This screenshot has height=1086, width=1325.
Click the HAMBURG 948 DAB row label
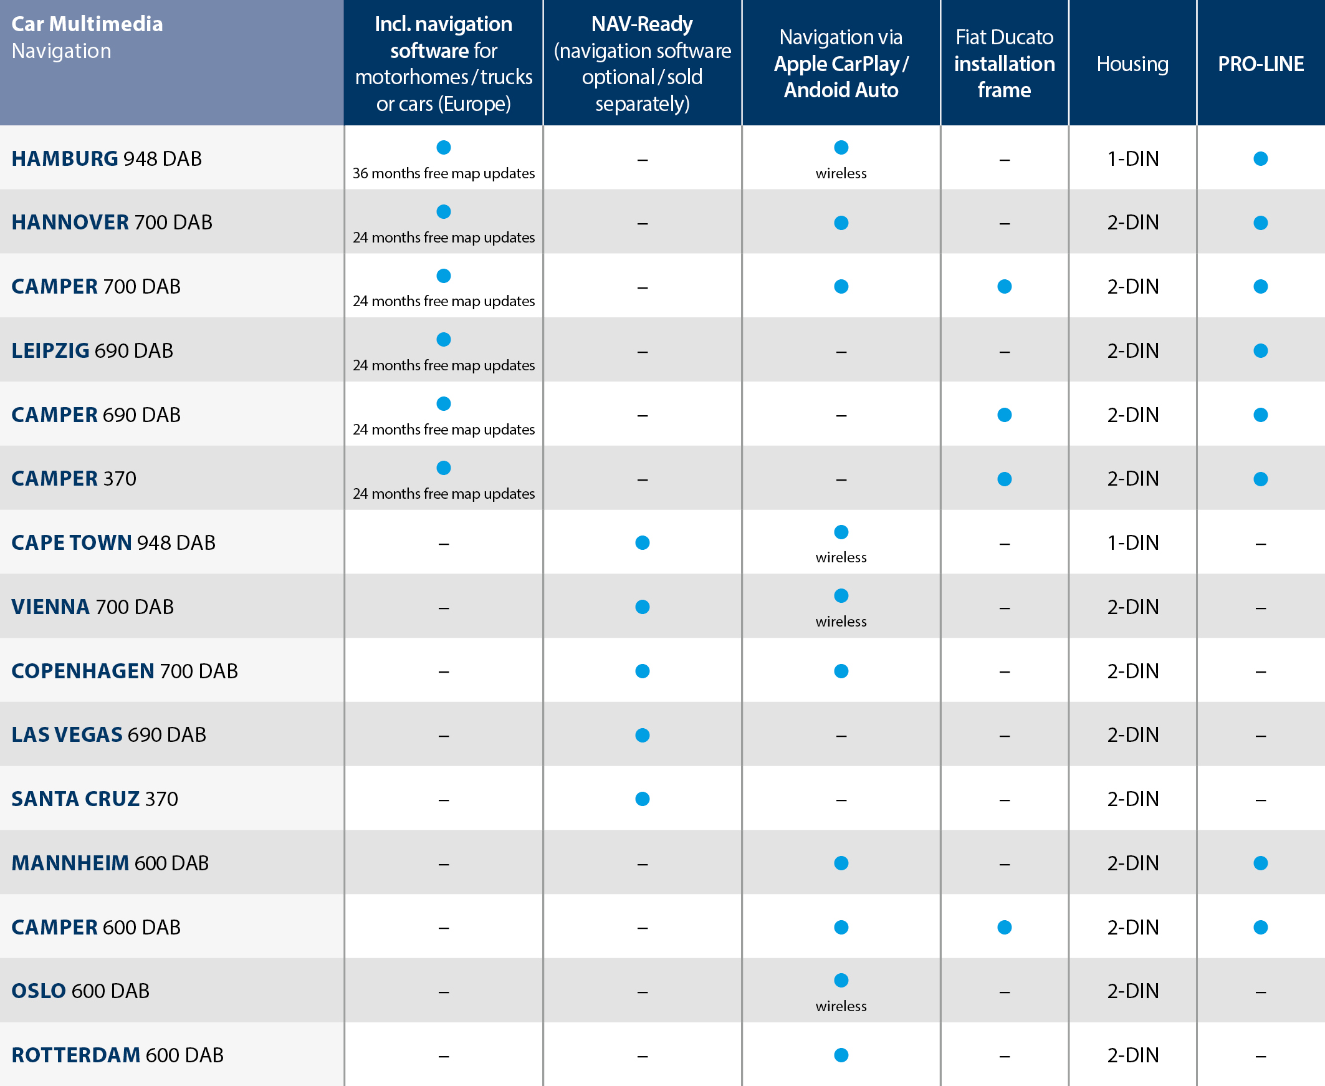tap(107, 159)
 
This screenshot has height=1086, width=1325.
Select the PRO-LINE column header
tap(1261, 64)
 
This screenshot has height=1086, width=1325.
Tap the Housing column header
tap(1132, 64)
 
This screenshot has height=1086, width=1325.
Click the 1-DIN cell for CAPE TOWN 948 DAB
tap(1132, 542)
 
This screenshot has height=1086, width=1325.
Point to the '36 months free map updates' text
tap(443, 173)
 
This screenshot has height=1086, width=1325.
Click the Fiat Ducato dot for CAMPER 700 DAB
tap(1004, 287)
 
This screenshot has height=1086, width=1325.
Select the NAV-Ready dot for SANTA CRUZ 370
tap(642, 799)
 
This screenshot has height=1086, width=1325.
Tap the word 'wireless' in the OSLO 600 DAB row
tap(841, 1006)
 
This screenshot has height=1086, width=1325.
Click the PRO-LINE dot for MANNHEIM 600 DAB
tap(1261, 863)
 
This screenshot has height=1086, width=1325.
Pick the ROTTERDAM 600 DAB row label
tap(118, 1055)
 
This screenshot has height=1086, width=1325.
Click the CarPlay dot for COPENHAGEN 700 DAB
tap(841, 671)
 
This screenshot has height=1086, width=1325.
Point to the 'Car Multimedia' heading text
tap(87, 24)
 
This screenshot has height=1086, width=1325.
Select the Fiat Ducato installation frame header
tap(1004, 64)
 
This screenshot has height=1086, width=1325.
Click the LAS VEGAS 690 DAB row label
tap(109, 734)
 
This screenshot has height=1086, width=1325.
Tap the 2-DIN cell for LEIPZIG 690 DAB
tap(1132, 350)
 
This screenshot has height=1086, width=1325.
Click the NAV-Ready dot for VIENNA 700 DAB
tap(642, 607)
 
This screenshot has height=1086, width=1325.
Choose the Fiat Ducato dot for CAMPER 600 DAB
tap(1004, 927)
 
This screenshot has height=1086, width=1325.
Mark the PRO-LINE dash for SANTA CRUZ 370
tap(1261, 800)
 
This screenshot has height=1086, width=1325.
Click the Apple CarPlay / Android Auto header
tap(841, 64)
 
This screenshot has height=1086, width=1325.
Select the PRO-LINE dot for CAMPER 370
tap(1261, 479)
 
